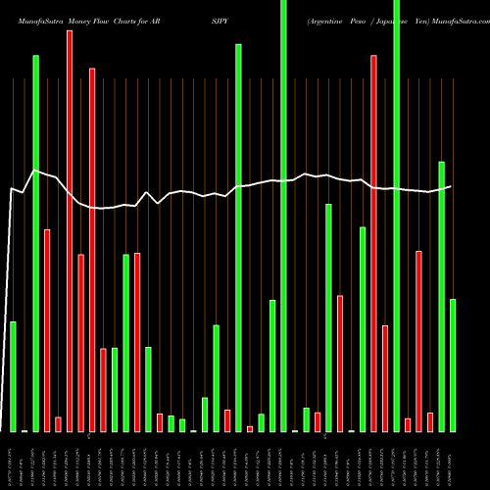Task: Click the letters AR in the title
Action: point(181,20)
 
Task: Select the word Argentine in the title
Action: point(328,20)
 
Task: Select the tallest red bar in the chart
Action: point(70,230)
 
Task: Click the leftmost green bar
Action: point(13,376)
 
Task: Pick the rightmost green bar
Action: point(453,365)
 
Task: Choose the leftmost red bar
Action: point(47,330)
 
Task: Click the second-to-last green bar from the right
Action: point(441,296)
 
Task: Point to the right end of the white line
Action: point(452,186)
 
